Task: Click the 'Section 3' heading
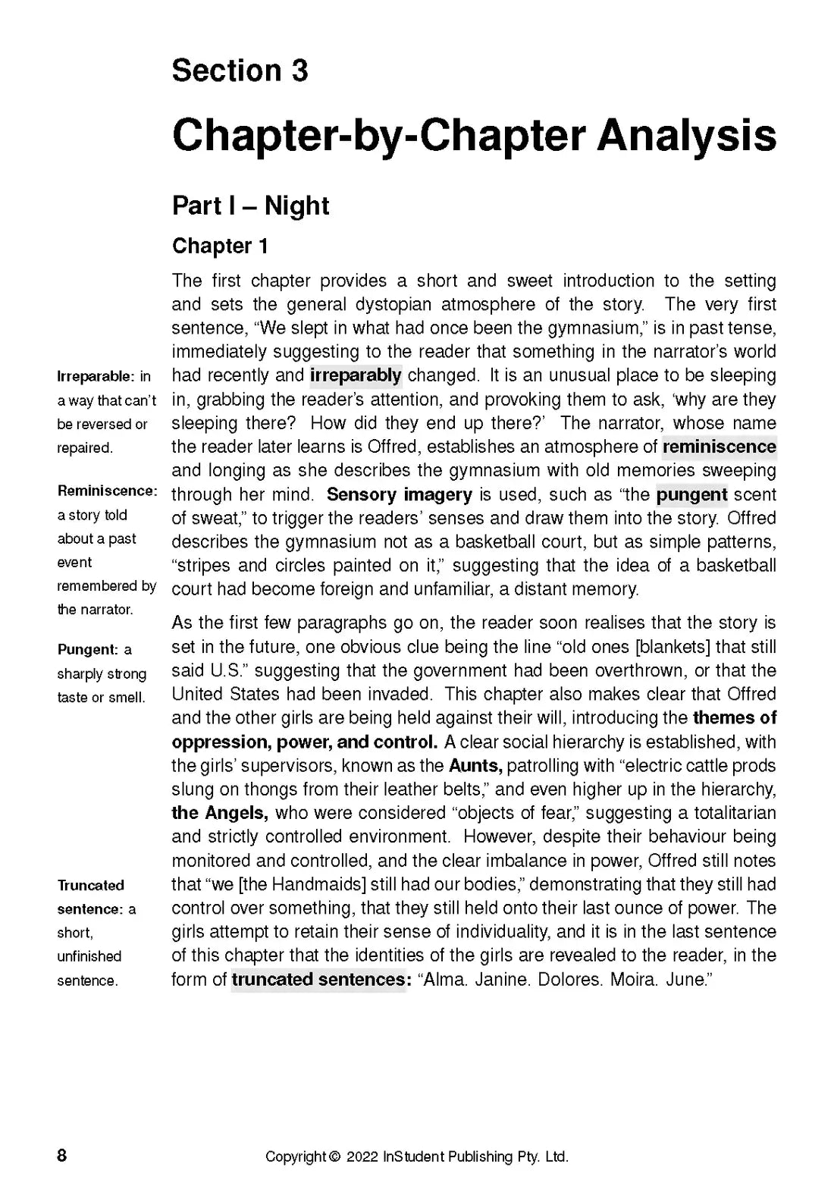tap(240, 71)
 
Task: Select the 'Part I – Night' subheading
tap(250, 206)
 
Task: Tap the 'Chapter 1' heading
tap(220, 246)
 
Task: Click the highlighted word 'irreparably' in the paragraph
tap(356, 375)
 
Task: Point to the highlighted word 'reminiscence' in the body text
tap(719, 447)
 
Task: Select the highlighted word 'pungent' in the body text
tap(691, 495)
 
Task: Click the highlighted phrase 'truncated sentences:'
tap(321, 979)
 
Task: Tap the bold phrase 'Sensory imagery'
tap(399, 495)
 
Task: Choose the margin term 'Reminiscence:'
tap(107, 491)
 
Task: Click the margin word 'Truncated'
tap(91, 885)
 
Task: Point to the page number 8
tap(62, 1156)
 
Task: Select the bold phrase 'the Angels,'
tap(220, 813)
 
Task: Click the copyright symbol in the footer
tap(334, 1157)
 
